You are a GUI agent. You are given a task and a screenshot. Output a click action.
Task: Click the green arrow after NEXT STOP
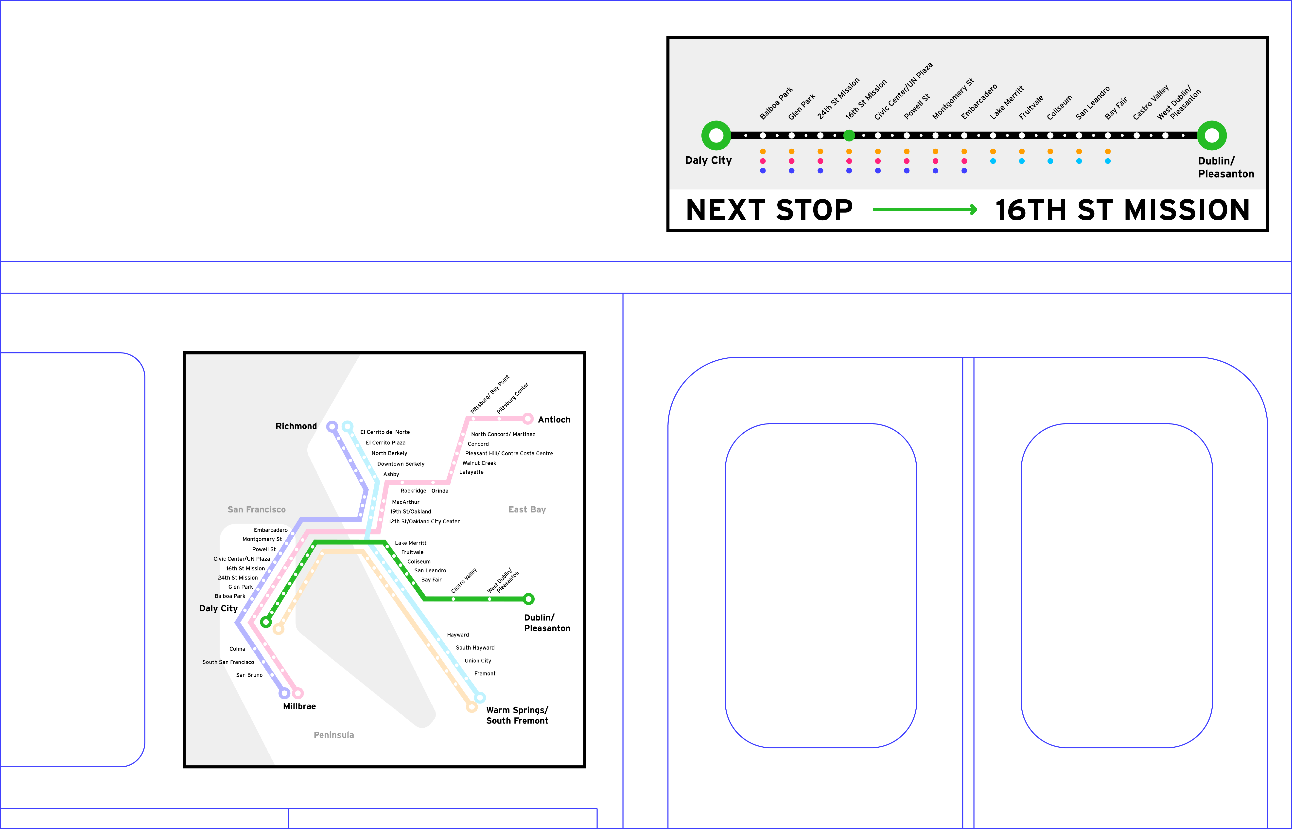pos(925,209)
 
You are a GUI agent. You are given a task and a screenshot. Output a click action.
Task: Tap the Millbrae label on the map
pos(299,706)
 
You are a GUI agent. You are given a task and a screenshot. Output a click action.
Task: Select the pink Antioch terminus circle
pos(528,419)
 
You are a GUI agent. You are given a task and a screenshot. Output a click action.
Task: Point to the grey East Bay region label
pos(527,509)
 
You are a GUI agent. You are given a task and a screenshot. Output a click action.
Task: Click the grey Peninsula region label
pos(334,735)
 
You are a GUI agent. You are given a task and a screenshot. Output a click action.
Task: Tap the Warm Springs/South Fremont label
pos(517,715)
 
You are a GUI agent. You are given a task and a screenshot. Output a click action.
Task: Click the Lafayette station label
pos(471,472)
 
